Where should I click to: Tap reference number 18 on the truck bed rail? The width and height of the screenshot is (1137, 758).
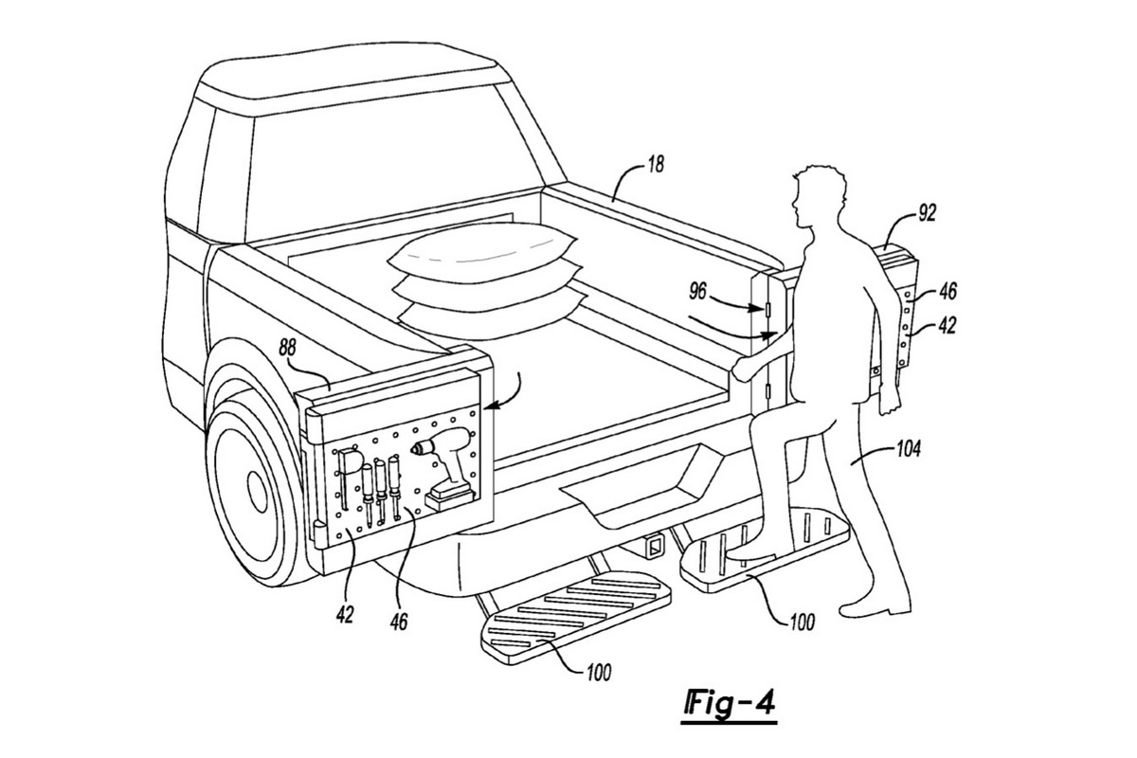point(654,164)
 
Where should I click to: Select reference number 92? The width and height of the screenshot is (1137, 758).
point(928,215)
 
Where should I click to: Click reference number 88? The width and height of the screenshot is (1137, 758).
point(288,349)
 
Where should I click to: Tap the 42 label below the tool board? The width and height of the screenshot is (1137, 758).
point(344,614)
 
